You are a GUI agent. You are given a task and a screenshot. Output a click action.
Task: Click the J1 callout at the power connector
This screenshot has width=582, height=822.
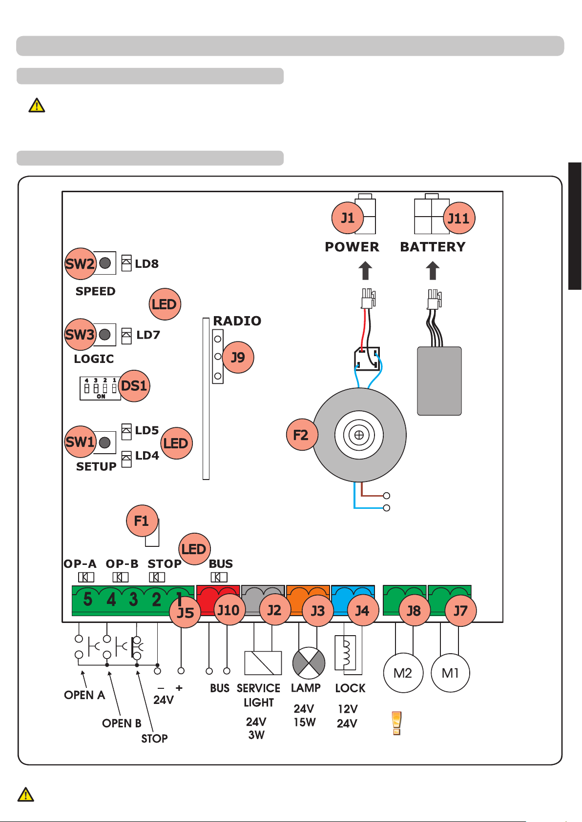click(x=348, y=218)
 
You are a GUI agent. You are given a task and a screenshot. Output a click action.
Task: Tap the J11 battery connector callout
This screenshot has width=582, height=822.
click(x=459, y=218)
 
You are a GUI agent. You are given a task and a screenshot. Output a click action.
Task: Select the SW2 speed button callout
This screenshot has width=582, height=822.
click(x=80, y=264)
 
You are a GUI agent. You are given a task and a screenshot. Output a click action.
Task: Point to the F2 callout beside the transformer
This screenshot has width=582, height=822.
click(x=301, y=435)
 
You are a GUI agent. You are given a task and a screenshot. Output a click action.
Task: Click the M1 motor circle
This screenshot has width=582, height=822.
click(x=450, y=673)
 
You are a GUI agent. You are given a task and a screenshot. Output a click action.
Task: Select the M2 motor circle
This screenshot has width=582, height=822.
click(x=403, y=673)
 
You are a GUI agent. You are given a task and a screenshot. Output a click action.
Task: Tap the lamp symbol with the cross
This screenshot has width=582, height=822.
click(x=309, y=663)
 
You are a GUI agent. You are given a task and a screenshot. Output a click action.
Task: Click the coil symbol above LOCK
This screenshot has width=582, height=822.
click(x=345, y=653)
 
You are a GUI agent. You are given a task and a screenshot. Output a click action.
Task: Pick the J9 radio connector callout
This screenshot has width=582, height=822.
click(x=238, y=358)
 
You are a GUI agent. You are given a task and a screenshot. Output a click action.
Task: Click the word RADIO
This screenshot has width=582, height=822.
click(x=237, y=321)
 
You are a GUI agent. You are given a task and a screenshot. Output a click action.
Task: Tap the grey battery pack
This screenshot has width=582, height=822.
click(x=439, y=381)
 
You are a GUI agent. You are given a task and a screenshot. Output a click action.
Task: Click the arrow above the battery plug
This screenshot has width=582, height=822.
click(x=433, y=270)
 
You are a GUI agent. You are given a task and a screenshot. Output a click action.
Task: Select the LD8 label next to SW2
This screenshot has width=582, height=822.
click(x=146, y=264)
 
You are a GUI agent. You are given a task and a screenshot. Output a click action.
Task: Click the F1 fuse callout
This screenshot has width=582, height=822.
click(x=142, y=521)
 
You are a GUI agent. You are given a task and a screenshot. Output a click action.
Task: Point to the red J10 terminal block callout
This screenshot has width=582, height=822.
click(x=229, y=610)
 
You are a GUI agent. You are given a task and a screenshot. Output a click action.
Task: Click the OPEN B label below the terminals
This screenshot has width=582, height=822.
click(x=122, y=723)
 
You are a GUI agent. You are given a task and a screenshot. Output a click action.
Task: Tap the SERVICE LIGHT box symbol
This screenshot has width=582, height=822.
click(x=263, y=663)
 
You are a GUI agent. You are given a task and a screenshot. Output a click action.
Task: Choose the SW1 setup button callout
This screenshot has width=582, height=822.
click(x=80, y=442)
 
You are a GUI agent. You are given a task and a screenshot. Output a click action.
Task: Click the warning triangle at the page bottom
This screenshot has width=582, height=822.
click(x=25, y=795)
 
